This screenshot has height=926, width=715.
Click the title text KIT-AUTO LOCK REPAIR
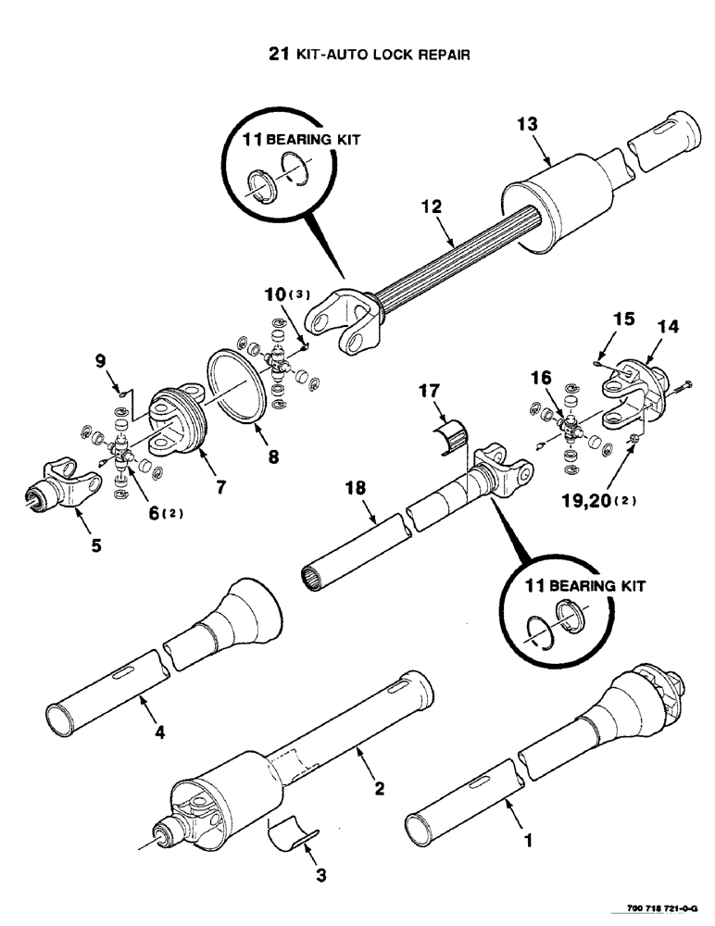click(382, 55)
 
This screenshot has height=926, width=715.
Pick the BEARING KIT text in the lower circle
click(585, 587)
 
